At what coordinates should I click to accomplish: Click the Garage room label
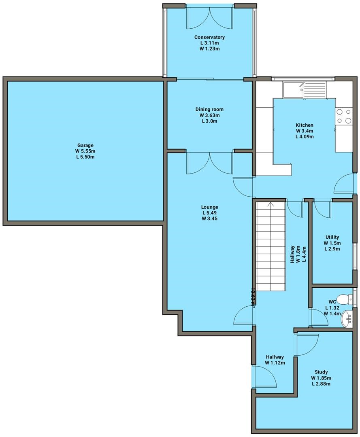click(85, 145)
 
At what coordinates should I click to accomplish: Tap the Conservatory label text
click(209, 37)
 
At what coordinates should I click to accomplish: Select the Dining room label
click(209, 109)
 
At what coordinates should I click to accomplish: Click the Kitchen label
click(304, 125)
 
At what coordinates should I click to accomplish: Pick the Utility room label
click(332, 237)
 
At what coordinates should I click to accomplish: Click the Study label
click(321, 372)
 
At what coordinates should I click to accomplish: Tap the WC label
click(332, 302)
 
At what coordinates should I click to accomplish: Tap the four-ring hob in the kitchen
click(343, 116)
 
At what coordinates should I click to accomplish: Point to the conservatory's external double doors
click(209, 18)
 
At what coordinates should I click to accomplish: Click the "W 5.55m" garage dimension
click(85, 151)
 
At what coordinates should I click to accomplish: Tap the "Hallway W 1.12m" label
click(275, 360)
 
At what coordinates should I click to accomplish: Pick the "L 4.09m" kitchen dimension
click(304, 137)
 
